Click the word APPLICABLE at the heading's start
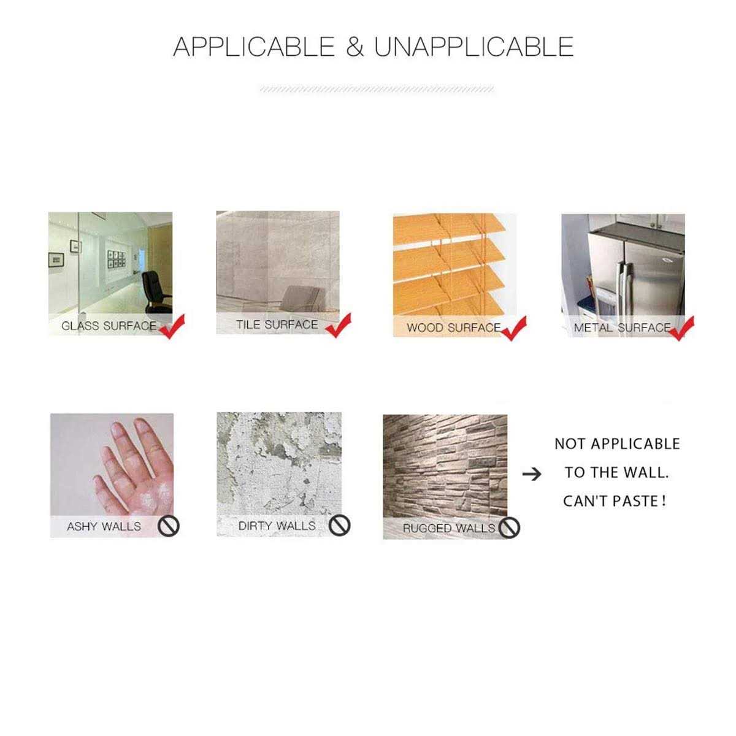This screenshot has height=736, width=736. pos(254,47)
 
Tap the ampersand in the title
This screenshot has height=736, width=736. pos(355,47)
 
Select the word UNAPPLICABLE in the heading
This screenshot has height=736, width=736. pos(473,47)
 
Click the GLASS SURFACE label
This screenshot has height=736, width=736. pos(109,326)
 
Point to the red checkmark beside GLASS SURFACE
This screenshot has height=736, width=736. pos(172,326)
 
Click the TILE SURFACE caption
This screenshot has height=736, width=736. pos(277,324)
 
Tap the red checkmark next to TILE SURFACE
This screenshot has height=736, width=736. pos(339,326)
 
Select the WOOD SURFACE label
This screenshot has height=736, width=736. pos(454,328)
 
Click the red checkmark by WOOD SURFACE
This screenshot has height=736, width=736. pos(514,329)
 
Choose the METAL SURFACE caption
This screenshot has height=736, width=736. pos(622,328)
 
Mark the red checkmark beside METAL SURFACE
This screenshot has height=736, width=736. pos(681,329)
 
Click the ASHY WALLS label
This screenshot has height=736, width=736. pos(104,526)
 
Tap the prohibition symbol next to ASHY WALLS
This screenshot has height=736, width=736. pos(169,527)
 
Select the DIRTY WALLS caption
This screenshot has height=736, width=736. pos(277,526)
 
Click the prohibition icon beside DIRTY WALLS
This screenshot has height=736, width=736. pos(340,525)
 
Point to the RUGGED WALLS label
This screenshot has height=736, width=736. pos(449,528)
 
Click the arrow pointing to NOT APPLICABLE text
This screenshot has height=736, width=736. pos(532,474)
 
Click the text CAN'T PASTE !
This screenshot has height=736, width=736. pos(615,501)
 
